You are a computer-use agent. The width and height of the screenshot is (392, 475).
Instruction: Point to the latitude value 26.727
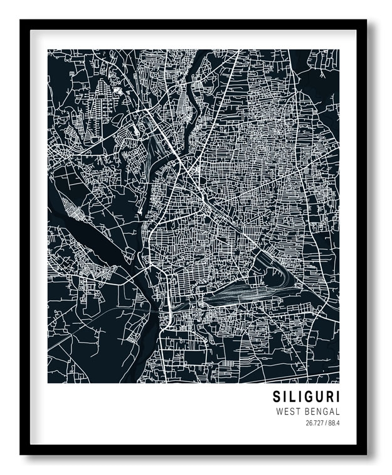pyautogui.click(x=315, y=423)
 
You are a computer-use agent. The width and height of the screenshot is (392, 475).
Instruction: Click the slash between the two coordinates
pyautogui.click(x=326, y=423)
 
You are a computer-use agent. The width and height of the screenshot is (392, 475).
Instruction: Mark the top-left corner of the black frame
pyautogui.click(x=21, y=21)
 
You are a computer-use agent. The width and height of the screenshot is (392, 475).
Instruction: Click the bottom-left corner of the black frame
pyautogui.click(x=21, y=453)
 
